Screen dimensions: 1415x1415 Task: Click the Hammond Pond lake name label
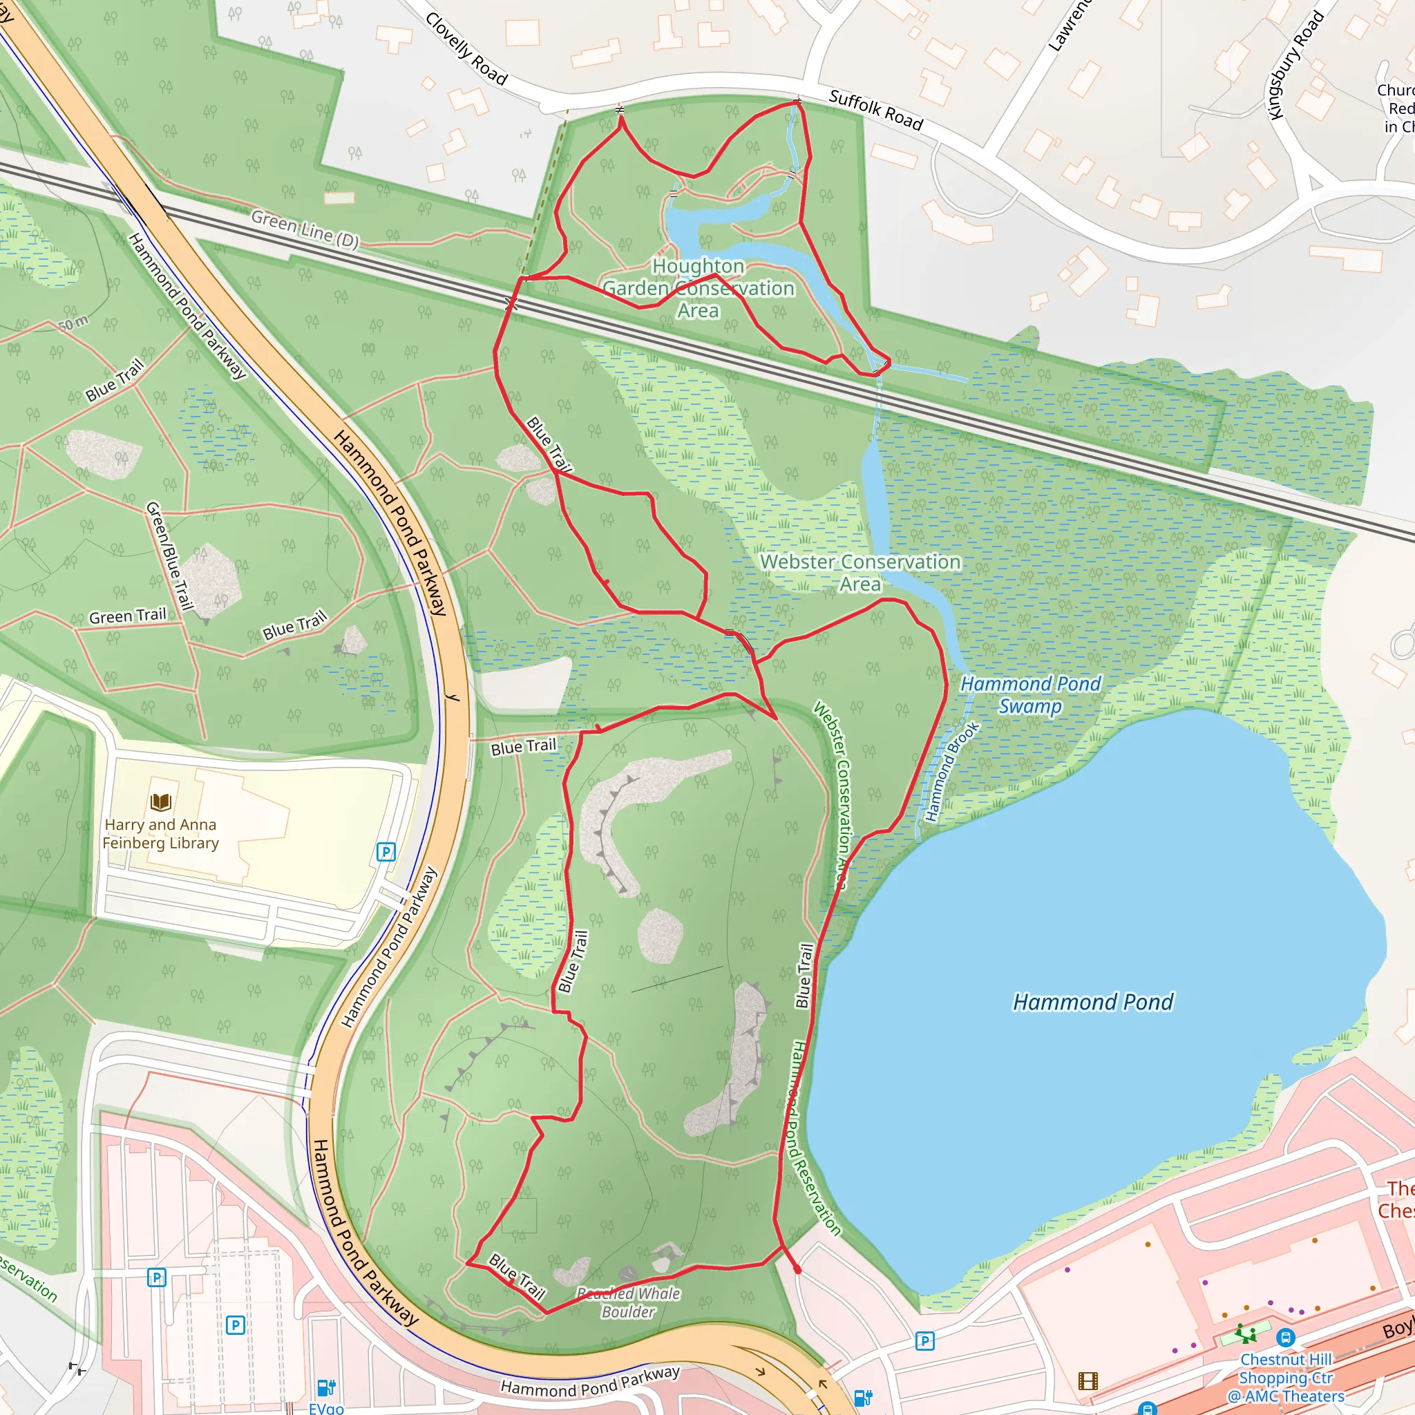pyautogui.click(x=1092, y=1002)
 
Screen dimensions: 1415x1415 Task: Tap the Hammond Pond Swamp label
pyautogui.click(x=1029, y=694)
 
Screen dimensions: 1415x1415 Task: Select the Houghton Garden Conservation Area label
pyautogui.click(x=698, y=288)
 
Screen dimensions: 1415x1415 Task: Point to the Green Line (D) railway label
pyautogui.click(x=305, y=229)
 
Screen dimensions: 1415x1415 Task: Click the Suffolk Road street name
pyautogui.click(x=875, y=110)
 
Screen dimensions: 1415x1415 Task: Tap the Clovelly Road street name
pyautogui.click(x=466, y=49)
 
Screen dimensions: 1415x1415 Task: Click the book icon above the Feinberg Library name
pyautogui.click(x=160, y=802)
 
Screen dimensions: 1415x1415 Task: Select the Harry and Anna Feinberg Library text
pyautogui.click(x=160, y=833)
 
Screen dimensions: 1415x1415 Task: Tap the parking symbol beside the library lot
pyautogui.click(x=386, y=852)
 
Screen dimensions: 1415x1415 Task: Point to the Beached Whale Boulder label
pyautogui.click(x=629, y=1302)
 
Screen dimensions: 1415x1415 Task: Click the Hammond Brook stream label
pyautogui.click(x=951, y=772)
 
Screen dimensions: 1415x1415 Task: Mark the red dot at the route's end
pyautogui.click(x=797, y=1270)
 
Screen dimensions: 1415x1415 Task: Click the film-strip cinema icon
pyautogui.click(x=1088, y=1381)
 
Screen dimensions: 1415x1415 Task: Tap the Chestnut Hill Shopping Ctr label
pyautogui.click(x=1285, y=1378)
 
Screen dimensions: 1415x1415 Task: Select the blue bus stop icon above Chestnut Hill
pyautogui.click(x=1284, y=1338)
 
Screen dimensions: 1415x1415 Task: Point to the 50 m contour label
pyautogui.click(x=73, y=322)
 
